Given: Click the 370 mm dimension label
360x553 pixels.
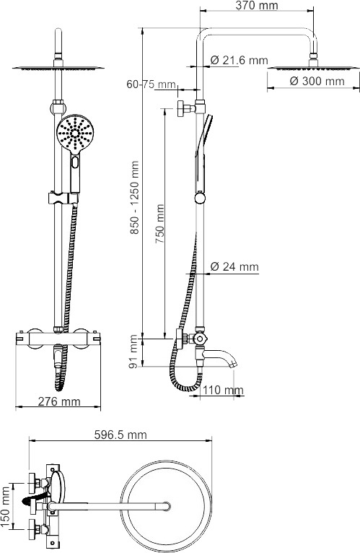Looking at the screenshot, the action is [x=257, y=6].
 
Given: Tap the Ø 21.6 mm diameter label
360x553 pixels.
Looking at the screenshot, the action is [x=240, y=61].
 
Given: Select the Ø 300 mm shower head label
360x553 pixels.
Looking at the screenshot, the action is [x=317, y=81].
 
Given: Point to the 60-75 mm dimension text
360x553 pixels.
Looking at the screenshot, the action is [x=152, y=84].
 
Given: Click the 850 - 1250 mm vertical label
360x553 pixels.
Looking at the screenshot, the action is [x=134, y=198].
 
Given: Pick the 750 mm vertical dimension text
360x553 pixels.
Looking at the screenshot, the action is [x=160, y=224].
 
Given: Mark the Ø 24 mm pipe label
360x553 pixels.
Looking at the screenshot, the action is [x=234, y=266].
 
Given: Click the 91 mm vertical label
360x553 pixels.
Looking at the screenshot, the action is [x=133, y=352].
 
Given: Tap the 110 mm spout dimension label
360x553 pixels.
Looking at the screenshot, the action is [x=223, y=390].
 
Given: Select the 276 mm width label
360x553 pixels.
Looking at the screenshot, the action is [x=59, y=401].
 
